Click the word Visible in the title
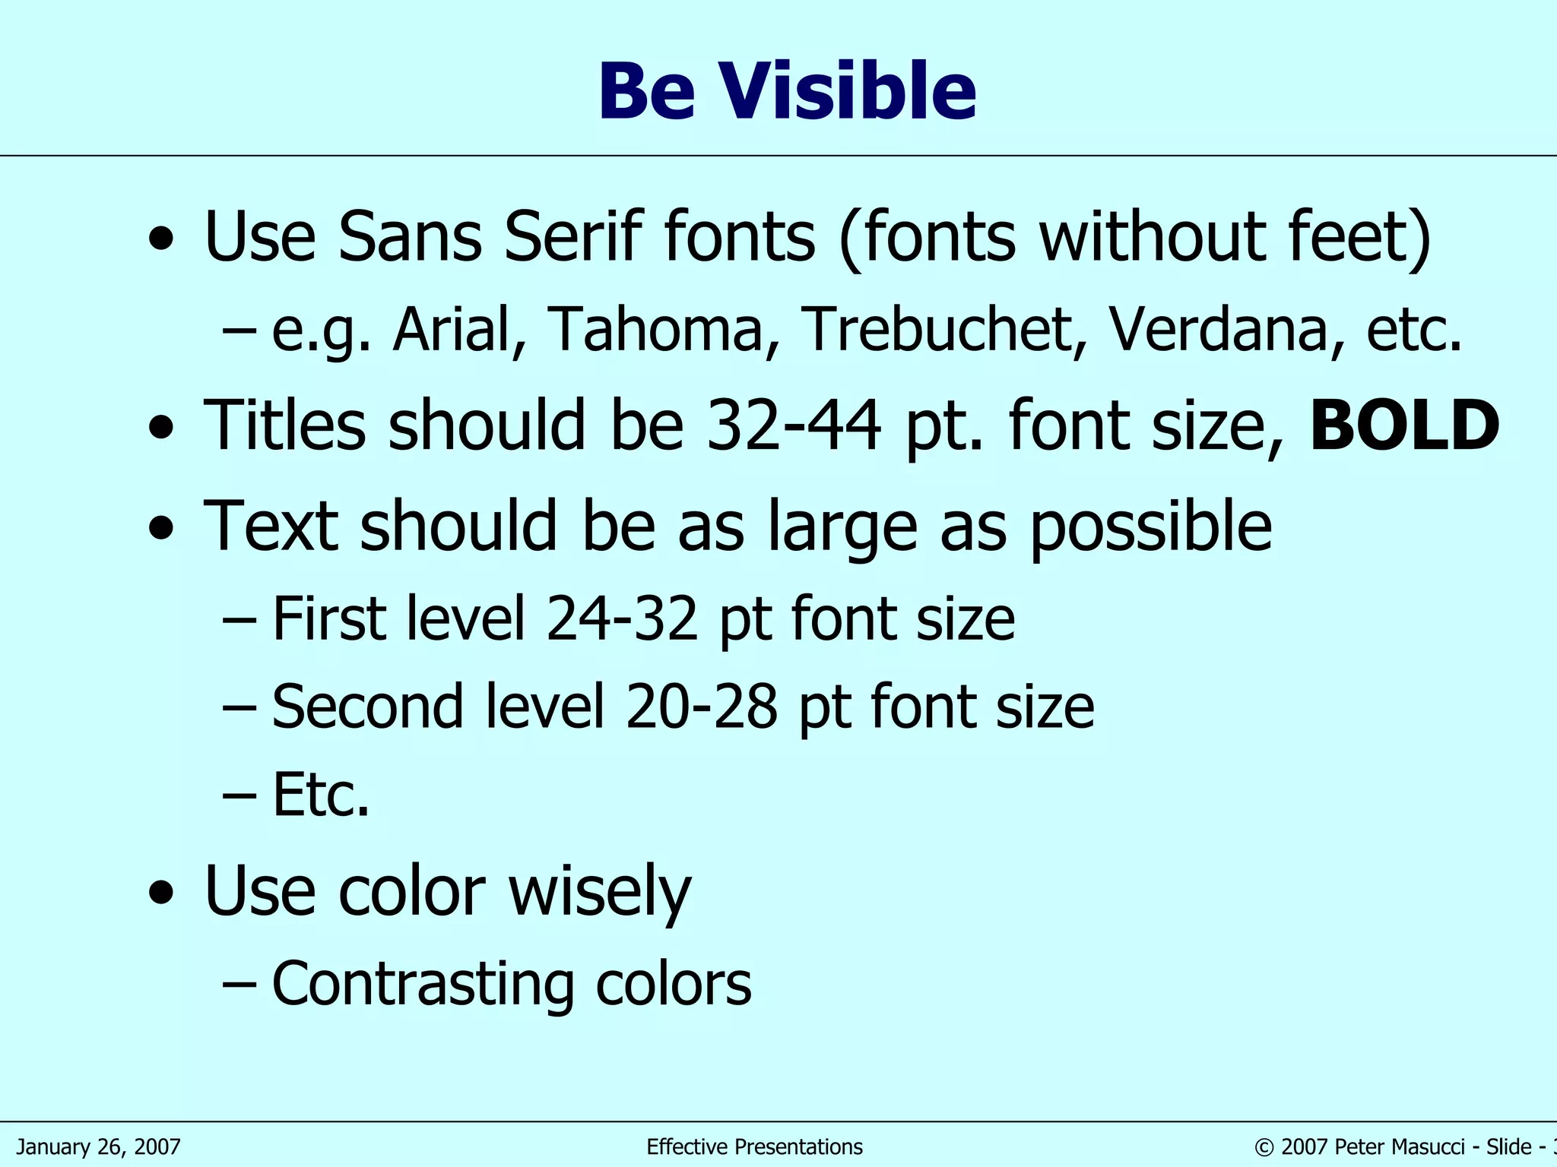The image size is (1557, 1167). click(848, 92)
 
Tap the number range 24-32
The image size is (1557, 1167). click(622, 619)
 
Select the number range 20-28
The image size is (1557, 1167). click(702, 707)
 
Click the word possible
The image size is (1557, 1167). click(1150, 527)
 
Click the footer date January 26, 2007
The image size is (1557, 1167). click(99, 1146)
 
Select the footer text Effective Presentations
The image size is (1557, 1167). click(754, 1146)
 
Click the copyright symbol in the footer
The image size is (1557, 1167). click(1264, 1147)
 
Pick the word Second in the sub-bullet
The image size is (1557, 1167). click(367, 707)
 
